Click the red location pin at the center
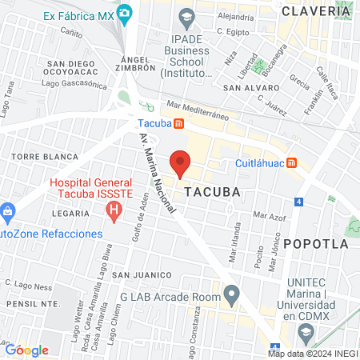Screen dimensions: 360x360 point(180,163)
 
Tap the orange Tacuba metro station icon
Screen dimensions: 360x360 point(180,125)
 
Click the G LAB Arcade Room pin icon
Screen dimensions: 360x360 point(232,296)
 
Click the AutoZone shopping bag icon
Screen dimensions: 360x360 point(8,213)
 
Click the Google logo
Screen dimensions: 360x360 point(27,350)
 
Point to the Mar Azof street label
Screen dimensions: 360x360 point(268,214)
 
